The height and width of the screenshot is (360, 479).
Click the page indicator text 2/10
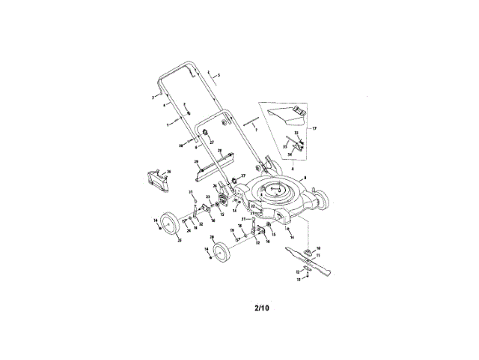[261, 307]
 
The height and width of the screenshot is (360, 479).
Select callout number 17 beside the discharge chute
[314, 128]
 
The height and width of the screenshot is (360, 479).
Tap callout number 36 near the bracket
[169, 172]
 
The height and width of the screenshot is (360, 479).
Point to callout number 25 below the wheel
[179, 241]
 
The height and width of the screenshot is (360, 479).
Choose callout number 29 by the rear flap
[196, 161]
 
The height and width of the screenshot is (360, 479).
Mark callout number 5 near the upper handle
[219, 76]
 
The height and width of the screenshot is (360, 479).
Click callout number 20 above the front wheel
[212, 237]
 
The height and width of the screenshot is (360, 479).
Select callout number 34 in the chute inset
[290, 155]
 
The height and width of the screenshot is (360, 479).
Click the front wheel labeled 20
[221, 250]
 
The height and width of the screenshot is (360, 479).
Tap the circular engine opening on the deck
[276, 193]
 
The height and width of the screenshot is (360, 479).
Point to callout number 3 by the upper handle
[152, 97]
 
